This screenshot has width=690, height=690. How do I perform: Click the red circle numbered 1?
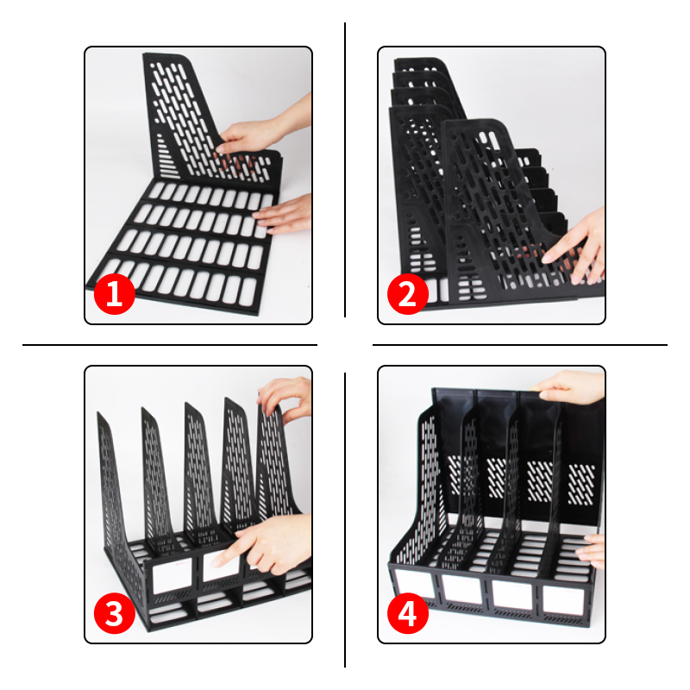pyautogui.click(x=115, y=294)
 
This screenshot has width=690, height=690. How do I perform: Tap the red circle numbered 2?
pyautogui.click(x=407, y=294)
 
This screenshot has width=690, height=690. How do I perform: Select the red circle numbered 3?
pyautogui.click(x=115, y=613)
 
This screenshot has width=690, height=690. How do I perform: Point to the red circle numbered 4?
pyautogui.click(x=407, y=613)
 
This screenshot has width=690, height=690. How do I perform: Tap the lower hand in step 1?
pyautogui.click(x=284, y=214)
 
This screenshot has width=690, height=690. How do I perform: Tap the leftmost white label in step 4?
pyautogui.click(x=414, y=584)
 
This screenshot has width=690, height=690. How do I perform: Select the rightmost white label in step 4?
pyautogui.click(x=563, y=600)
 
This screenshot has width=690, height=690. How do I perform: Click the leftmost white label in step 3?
pyautogui.click(x=172, y=575)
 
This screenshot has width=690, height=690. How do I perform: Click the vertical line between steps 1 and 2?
pyautogui.click(x=345, y=169)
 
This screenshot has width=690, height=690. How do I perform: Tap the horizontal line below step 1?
pyautogui.click(x=170, y=345)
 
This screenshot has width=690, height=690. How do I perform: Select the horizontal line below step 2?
pyautogui.click(x=520, y=345)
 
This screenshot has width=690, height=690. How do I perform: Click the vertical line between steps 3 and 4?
pyautogui.click(x=345, y=520)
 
